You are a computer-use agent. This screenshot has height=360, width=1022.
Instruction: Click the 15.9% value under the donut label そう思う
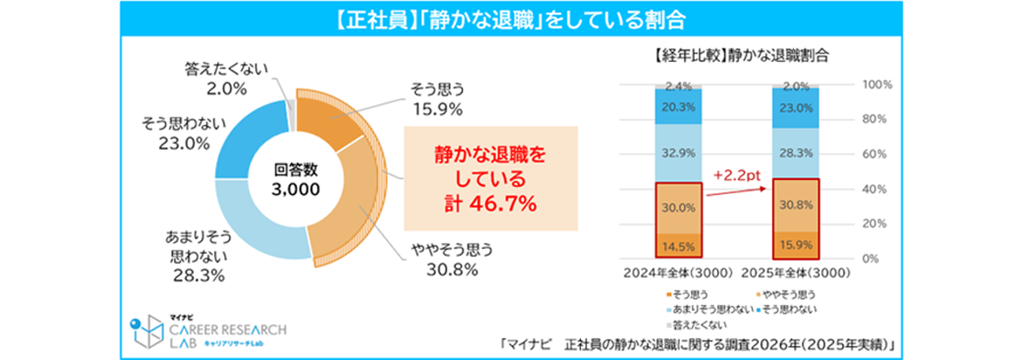440,108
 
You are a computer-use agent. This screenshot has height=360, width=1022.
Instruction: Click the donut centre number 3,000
296,189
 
